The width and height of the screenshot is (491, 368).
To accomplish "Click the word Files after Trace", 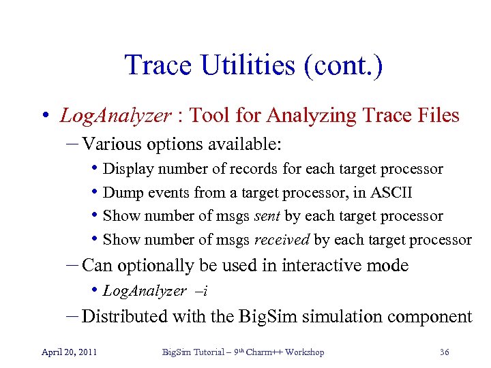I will tap(437, 116).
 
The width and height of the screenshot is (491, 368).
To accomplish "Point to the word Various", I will tap(110, 144).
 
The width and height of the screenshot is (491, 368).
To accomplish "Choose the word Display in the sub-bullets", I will tap(125, 169).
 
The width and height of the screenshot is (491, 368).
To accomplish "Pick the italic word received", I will tap(282, 240).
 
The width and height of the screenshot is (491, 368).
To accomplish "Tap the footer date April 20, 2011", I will tap(69, 352).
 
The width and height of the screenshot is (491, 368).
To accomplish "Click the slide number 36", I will tap(444, 352).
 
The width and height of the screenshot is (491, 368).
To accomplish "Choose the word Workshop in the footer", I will tap(304, 352).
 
